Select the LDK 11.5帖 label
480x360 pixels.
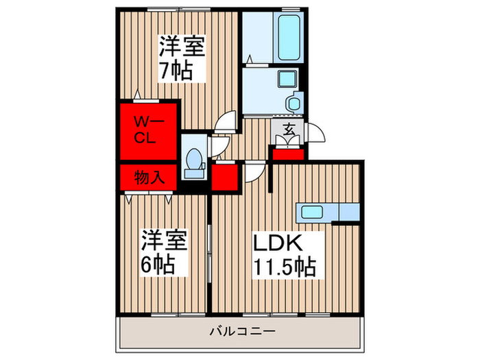pyautogui.click(x=285, y=254)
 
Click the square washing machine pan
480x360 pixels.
pyautogui.click(x=284, y=80)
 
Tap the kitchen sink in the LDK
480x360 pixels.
pyautogui.click(x=314, y=211)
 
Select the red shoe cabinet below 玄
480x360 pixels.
pyautogui.click(x=287, y=152)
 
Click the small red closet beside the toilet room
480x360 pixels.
pyautogui.click(x=224, y=176)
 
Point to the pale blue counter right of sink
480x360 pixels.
pyautogui.click(x=348, y=211)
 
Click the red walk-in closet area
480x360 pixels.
pyautogui.click(x=147, y=132)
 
